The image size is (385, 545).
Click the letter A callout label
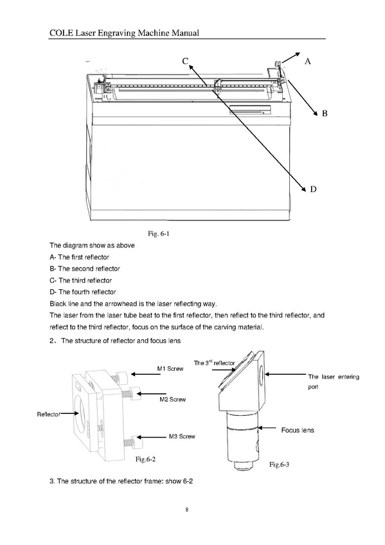307,62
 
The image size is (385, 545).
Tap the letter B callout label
325,113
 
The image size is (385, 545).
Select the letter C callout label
185,61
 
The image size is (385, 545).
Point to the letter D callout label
313,189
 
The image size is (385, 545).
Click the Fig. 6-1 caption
159,233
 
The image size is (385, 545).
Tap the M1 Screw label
170,369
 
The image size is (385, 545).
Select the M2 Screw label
173,400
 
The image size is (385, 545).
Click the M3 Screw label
182,436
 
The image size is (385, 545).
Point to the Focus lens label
298,431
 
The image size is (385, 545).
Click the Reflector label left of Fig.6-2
49,415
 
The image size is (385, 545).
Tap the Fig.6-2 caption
146,459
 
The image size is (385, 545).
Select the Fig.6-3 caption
280,465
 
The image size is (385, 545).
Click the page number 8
187,510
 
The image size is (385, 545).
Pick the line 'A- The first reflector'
80,257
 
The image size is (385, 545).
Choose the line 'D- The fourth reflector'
83,292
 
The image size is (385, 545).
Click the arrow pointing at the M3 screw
152,437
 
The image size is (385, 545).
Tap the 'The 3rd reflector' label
215,363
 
